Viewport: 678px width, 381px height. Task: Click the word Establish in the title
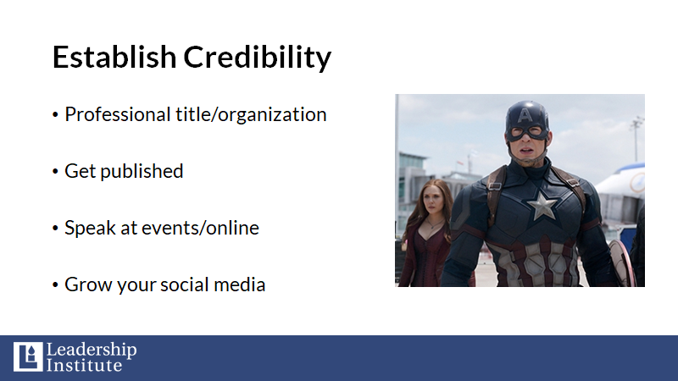click(114, 57)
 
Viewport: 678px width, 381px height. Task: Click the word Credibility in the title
click(258, 58)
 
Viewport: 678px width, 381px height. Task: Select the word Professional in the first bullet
click(118, 115)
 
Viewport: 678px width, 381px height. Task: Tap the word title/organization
click(251, 115)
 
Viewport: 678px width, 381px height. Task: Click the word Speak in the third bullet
click(90, 228)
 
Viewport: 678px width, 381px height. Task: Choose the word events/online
click(200, 228)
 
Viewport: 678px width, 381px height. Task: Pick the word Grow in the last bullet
click(88, 284)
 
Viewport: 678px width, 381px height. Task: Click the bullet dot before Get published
click(55, 172)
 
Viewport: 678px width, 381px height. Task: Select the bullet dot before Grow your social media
click(55, 284)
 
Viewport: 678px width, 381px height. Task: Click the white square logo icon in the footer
click(28, 356)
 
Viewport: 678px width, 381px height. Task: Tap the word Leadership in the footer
click(92, 350)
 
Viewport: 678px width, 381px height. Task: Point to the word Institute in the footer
click(84, 365)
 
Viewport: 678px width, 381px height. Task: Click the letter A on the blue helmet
click(525, 115)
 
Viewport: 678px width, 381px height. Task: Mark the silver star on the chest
click(542, 204)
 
